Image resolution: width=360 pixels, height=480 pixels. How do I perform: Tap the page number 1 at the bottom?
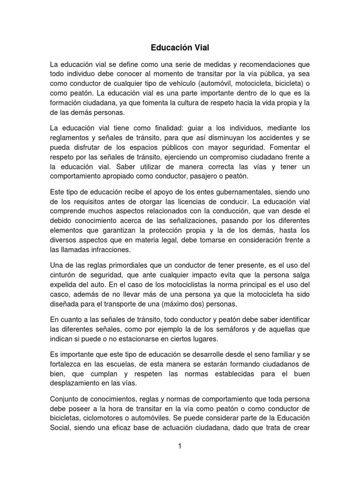point(180,446)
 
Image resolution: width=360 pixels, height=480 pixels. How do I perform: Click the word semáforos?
point(237,330)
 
